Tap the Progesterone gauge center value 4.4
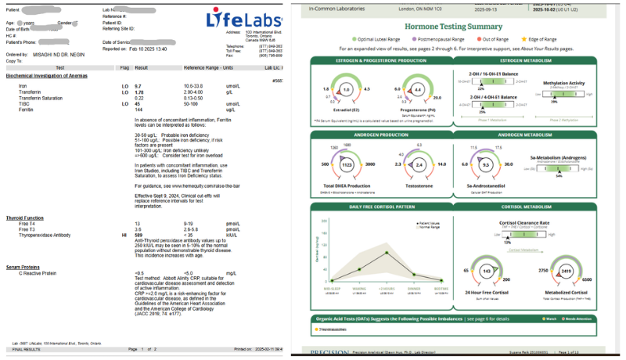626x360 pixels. pos(418,90)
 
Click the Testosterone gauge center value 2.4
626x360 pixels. pos(419,165)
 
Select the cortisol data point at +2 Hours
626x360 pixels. pos(385,253)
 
